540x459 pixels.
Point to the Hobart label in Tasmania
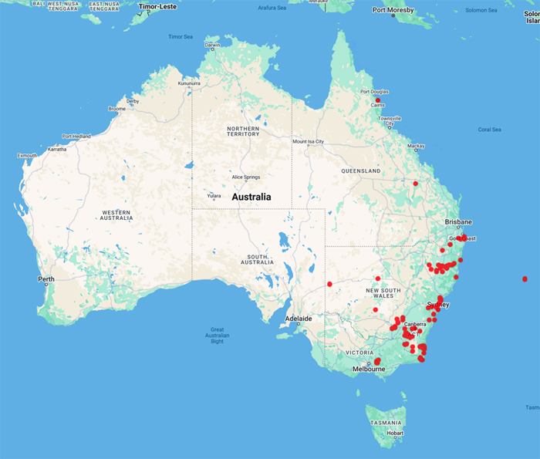click(x=395, y=433)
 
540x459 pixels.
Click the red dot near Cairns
click(x=378, y=100)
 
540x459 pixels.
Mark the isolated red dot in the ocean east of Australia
click(x=525, y=278)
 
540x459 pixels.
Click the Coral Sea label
click(x=489, y=130)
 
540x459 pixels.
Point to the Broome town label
click(x=116, y=109)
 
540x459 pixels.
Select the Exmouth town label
click(x=28, y=155)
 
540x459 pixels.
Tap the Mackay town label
click(x=417, y=146)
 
